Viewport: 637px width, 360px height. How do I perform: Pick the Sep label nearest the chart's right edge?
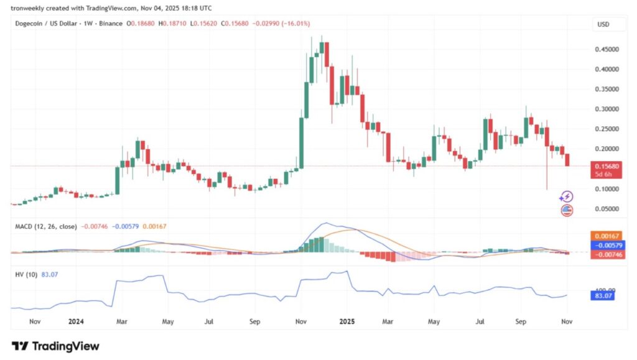[521, 322]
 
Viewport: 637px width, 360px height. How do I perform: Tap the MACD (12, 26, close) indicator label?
[45, 227]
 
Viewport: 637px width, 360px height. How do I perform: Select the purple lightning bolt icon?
[566, 197]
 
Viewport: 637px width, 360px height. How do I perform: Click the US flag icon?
[567, 210]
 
